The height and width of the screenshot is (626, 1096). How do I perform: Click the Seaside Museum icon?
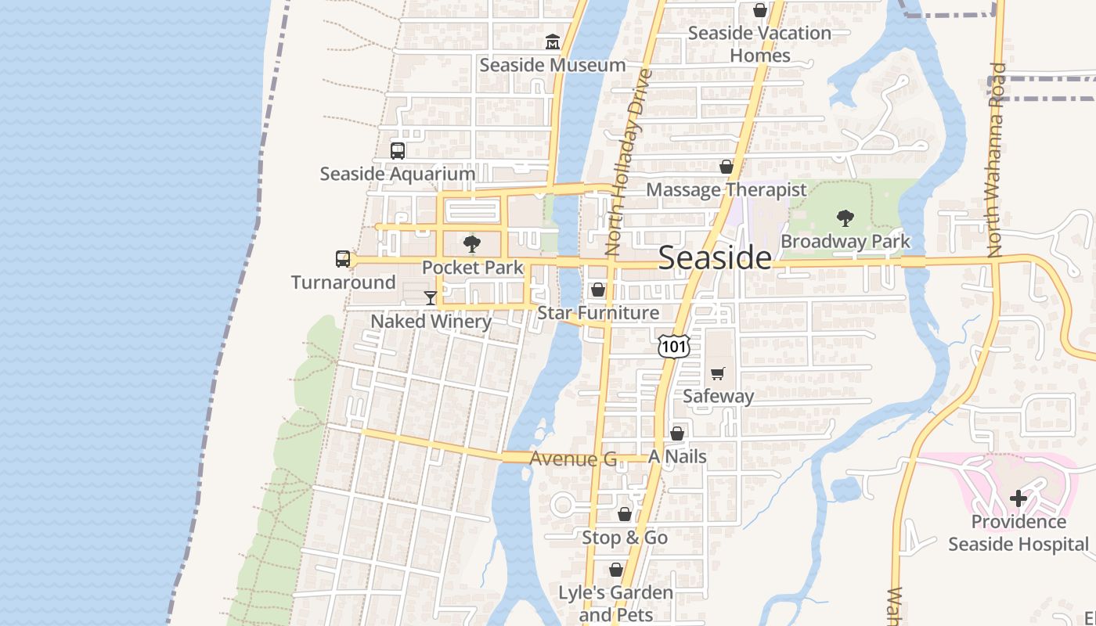[x=553, y=41]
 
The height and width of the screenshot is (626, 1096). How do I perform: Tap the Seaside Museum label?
[x=552, y=65]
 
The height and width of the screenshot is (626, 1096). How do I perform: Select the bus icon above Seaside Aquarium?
[x=398, y=150]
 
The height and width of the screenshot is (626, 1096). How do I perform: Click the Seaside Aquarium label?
[x=397, y=174]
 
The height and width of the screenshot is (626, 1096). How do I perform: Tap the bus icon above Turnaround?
[x=343, y=259]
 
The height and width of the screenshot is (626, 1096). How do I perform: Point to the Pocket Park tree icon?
[x=471, y=244]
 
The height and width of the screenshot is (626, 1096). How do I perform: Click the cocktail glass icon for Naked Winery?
[x=431, y=297]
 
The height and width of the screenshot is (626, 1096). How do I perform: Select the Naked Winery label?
[x=431, y=321]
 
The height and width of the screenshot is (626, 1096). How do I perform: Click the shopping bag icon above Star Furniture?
[x=598, y=290]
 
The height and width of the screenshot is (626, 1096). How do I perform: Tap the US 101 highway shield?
[x=673, y=346]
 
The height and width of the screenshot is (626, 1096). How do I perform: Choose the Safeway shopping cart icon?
[x=718, y=373]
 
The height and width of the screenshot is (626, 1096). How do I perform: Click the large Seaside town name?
[x=715, y=257]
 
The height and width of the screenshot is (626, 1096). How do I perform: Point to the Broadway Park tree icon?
[x=845, y=218]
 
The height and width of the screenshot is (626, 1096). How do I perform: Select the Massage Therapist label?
[x=726, y=189]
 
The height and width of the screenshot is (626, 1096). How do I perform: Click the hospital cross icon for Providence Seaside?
[x=1018, y=498]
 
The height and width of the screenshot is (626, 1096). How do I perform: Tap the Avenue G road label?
[x=573, y=459]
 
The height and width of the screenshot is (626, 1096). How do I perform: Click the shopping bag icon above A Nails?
[x=677, y=434]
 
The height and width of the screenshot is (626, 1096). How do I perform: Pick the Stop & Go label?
[x=624, y=538]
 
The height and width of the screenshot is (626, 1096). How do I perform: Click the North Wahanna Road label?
[x=995, y=160]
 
